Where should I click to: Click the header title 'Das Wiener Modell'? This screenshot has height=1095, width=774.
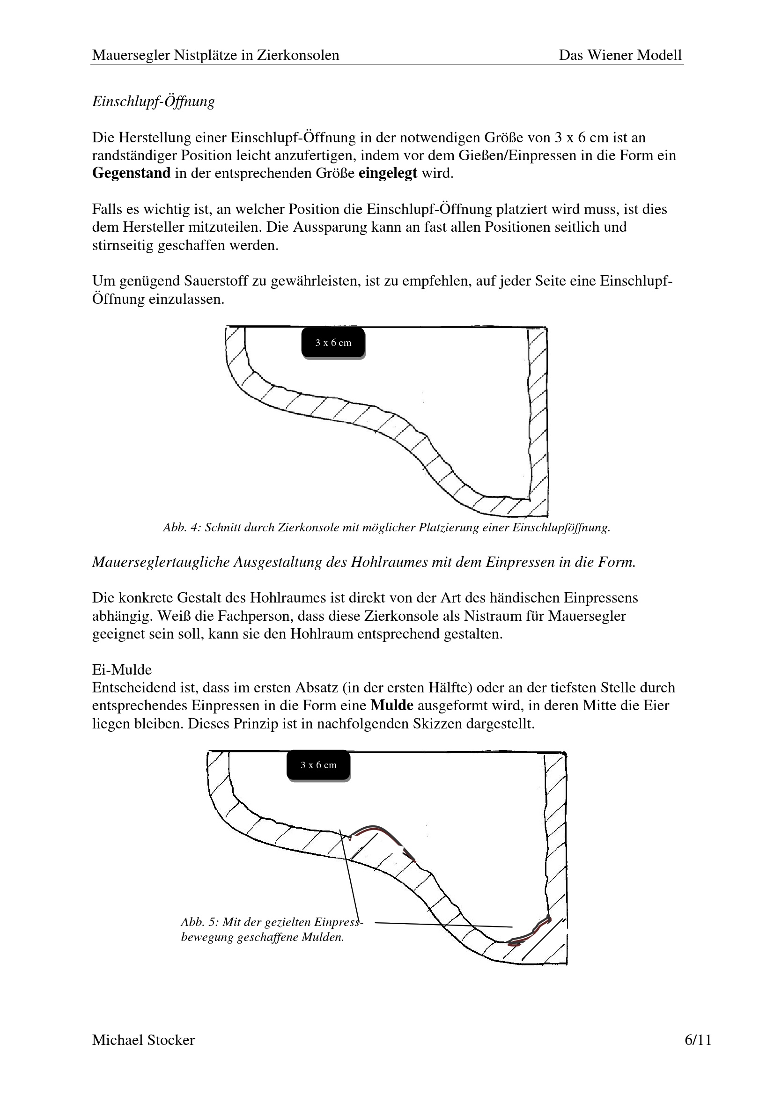(x=620, y=55)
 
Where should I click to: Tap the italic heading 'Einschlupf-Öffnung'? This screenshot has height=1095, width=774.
(x=153, y=102)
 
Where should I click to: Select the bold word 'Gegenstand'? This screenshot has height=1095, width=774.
(x=131, y=173)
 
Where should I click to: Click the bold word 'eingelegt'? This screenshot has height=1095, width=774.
(x=388, y=173)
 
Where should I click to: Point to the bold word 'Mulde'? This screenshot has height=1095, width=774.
(x=391, y=706)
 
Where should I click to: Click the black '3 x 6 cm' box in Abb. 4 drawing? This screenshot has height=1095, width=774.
(x=333, y=342)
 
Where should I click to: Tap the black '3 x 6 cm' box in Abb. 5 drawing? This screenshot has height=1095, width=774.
(x=318, y=765)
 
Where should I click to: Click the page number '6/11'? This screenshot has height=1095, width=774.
(x=698, y=1053)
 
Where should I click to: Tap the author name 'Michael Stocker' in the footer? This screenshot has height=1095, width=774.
(x=143, y=1053)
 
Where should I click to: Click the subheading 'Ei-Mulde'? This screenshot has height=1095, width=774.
(x=122, y=669)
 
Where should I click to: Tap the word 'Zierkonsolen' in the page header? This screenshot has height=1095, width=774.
(x=298, y=55)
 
